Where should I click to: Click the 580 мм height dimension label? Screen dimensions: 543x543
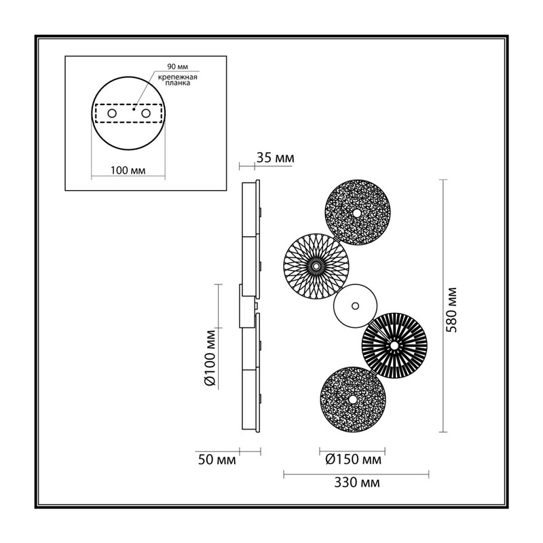(x=451, y=310)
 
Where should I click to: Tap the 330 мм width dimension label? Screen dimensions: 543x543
(x=357, y=483)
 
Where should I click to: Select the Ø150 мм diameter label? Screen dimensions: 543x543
(x=353, y=460)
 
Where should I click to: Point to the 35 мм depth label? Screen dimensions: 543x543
(x=276, y=158)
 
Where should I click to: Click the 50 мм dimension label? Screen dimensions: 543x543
(x=217, y=460)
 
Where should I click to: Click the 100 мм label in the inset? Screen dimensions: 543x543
(x=128, y=170)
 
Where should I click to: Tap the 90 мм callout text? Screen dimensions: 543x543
(x=178, y=67)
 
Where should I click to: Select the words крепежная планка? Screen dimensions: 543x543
(x=178, y=80)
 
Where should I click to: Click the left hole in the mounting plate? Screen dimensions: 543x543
(x=112, y=113)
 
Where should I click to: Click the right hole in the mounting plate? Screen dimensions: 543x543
(x=146, y=113)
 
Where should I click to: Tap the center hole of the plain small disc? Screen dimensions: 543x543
(x=355, y=306)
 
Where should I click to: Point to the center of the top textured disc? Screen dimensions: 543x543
(x=356, y=213)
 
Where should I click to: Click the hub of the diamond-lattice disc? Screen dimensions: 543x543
(x=316, y=266)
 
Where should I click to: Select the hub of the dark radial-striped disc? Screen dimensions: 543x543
(x=394, y=345)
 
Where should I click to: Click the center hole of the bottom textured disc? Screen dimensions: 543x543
(x=352, y=400)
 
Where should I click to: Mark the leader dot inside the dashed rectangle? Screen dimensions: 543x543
(x=134, y=109)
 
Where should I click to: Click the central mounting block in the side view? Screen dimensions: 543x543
(x=247, y=306)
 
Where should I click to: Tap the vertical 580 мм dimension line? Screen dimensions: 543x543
(x=443, y=306)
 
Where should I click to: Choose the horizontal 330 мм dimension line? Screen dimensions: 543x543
(x=356, y=474)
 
